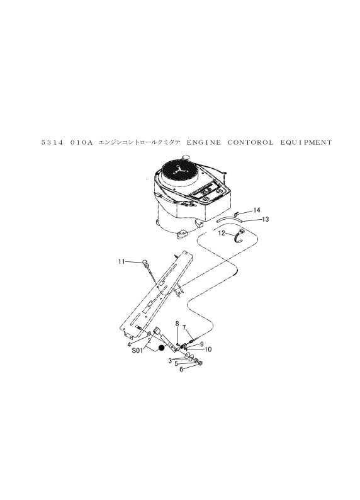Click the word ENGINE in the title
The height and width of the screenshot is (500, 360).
(203, 142)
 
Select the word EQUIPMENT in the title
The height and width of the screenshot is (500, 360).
(306, 142)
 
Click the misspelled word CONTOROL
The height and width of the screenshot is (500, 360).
(250, 142)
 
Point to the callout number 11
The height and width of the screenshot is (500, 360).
(121, 261)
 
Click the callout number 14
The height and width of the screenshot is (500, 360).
(256, 210)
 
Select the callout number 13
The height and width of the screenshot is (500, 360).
(266, 219)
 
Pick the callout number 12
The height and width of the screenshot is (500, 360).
(222, 233)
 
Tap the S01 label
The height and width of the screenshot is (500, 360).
(137, 351)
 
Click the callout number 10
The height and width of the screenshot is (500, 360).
(208, 349)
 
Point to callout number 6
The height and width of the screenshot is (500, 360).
(181, 369)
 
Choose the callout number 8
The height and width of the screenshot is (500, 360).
(177, 324)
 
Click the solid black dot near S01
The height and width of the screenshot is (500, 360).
(162, 348)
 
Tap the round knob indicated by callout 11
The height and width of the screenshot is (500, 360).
(145, 263)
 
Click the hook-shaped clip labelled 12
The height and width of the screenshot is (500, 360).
(239, 237)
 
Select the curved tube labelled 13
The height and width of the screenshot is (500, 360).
(229, 218)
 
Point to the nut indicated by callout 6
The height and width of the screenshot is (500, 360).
(201, 363)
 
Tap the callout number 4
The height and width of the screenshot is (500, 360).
(129, 344)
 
